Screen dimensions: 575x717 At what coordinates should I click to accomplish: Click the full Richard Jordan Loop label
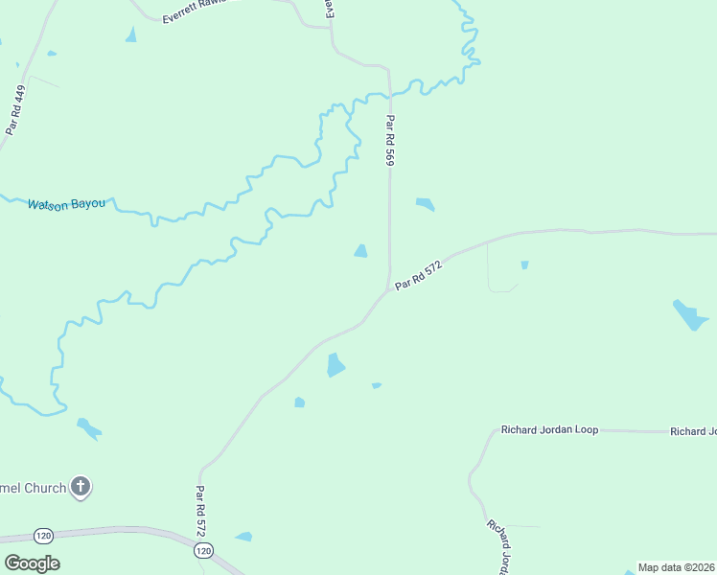click(x=549, y=430)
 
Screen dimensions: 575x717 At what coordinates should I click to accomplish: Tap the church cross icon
click(x=81, y=487)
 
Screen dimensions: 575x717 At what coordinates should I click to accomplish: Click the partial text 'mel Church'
click(x=34, y=488)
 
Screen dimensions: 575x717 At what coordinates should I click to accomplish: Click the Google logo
click(x=32, y=563)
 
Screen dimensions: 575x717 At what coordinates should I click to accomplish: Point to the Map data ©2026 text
click(x=677, y=567)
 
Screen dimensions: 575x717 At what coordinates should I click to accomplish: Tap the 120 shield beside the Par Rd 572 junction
click(x=203, y=551)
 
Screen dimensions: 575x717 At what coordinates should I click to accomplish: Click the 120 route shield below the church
click(x=42, y=536)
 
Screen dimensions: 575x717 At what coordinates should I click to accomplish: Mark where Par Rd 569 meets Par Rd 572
click(x=388, y=289)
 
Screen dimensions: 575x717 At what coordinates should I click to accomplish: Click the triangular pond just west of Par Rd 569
click(x=360, y=251)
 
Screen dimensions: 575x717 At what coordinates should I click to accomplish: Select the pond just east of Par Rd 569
click(x=424, y=204)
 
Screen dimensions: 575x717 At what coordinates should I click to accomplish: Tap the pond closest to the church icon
click(x=88, y=427)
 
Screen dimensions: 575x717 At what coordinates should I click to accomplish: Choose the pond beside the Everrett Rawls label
click(x=130, y=35)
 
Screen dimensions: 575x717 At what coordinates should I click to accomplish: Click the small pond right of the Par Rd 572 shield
click(x=243, y=537)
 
